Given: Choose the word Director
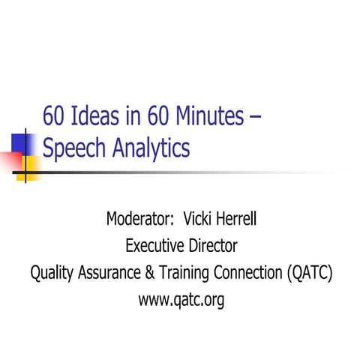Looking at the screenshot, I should point(212,245).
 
